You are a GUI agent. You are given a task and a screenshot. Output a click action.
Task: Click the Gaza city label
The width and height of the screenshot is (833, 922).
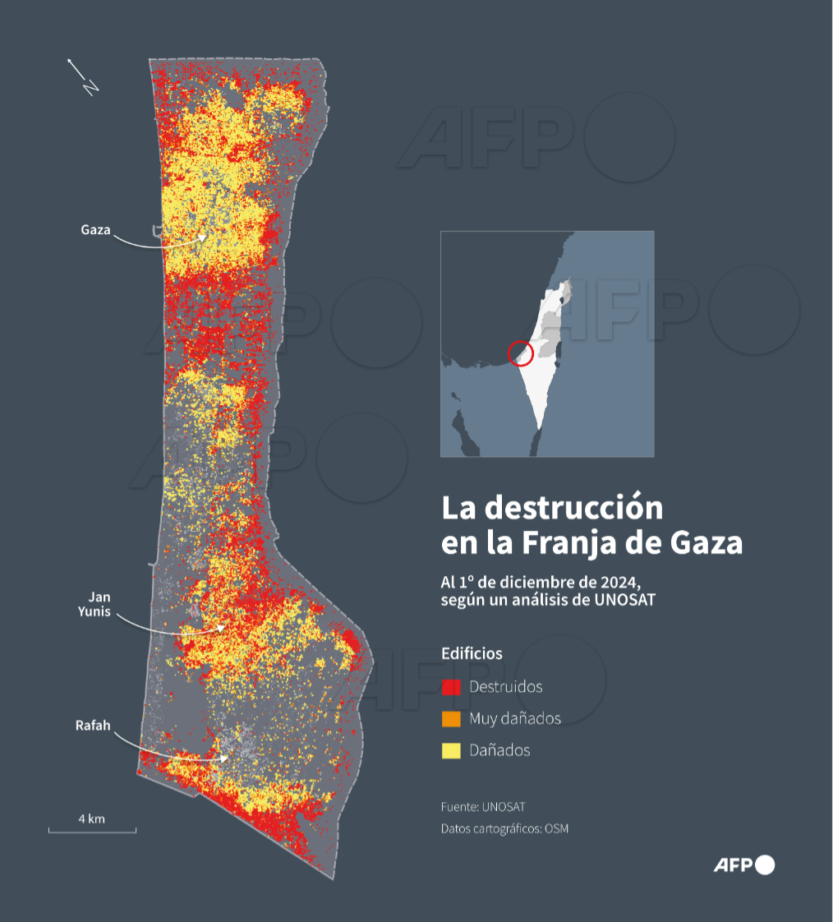(x=95, y=229)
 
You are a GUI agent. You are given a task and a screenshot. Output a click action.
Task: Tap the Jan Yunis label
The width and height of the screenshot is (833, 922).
(x=94, y=604)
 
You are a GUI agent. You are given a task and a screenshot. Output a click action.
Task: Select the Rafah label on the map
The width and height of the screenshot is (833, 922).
(x=93, y=726)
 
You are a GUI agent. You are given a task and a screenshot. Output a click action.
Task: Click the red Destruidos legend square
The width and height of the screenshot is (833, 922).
(x=451, y=687)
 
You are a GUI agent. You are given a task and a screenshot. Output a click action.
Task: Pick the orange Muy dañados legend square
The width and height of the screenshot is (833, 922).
(x=451, y=719)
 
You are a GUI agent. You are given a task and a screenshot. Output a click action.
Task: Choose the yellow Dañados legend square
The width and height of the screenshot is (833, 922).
(x=451, y=750)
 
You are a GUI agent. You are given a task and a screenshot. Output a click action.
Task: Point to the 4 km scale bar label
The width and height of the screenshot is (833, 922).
(x=91, y=819)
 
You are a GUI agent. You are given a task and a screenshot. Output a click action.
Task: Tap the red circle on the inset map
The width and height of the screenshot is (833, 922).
(x=521, y=353)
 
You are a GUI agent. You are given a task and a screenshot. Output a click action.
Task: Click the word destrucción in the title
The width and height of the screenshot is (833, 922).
(x=573, y=508)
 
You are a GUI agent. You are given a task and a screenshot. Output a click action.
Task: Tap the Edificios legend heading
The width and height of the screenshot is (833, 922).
(x=472, y=653)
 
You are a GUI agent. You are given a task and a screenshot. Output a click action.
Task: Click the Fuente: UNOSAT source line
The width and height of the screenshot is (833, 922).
(x=482, y=806)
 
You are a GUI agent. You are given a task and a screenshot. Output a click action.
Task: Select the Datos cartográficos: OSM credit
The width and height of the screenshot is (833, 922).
(x=504, y=828)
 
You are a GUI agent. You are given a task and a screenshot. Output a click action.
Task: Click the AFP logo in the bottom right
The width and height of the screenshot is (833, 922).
(x=743, y=864)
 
